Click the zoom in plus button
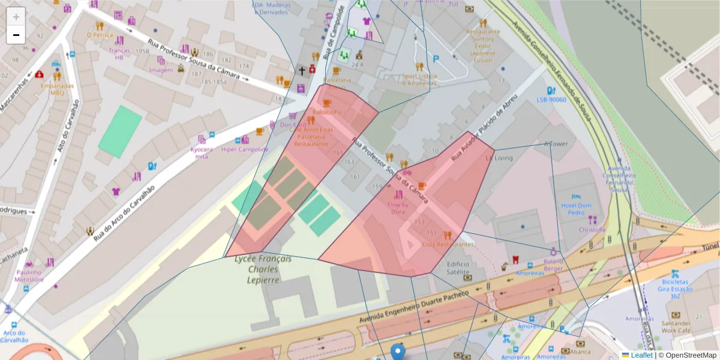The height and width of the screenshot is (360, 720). [x=16, y=17]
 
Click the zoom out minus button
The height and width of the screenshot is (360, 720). [x=16, y=35]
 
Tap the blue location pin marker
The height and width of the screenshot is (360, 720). [x=398, y=352]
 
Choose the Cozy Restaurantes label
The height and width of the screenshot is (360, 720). [x=448, y=244]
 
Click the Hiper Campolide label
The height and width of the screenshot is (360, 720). [x=245, y=149]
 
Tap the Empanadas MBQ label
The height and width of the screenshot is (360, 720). [x=57, y=89]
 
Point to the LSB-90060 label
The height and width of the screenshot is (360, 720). [x=551, y=100]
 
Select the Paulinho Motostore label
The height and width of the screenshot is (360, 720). [x=29, y=276]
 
